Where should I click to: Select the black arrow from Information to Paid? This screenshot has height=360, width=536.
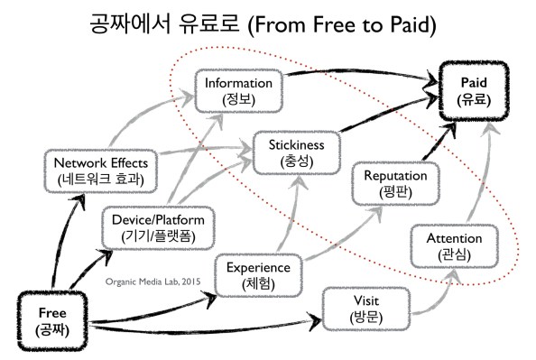(361, 86)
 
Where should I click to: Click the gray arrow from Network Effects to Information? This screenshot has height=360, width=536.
(153, 122)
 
